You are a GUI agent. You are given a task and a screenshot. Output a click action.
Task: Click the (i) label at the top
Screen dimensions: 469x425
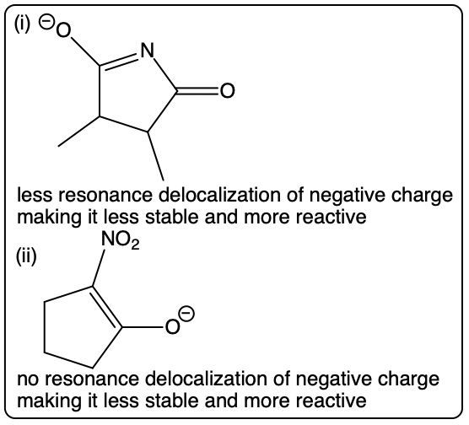(22, 24)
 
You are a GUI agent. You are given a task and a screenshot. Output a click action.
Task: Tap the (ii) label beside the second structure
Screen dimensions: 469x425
(26, 256)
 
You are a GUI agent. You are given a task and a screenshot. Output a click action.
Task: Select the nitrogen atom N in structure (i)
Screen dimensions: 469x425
(148, 50)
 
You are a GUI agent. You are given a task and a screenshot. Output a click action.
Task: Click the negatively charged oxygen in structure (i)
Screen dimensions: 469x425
(63, 30)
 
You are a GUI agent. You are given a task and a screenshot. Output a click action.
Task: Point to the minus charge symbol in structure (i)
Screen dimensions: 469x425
(46, 23)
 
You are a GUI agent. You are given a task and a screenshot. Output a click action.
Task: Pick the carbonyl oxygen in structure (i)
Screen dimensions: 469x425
(227, 90)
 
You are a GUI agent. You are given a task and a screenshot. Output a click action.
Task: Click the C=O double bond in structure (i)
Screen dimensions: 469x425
(197, 91)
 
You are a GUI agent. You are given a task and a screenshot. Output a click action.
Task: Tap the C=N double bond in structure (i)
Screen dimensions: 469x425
(119, 62)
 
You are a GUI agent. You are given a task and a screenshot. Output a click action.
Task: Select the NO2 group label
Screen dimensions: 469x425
(121, 239)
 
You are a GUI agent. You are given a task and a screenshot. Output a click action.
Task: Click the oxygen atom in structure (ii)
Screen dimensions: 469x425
(173, 327)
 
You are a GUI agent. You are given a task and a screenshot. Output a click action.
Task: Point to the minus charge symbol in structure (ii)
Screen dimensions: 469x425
(186, 314)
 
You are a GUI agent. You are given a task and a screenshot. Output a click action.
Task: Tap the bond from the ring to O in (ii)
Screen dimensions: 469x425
(143, 327)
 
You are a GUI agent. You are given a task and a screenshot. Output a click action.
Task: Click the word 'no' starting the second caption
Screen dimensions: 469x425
(29, 379)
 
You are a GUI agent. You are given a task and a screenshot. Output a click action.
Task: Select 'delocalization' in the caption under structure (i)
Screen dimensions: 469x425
(220, 196)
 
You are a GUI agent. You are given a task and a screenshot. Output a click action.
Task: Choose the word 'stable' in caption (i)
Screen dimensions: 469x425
(171, 217)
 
